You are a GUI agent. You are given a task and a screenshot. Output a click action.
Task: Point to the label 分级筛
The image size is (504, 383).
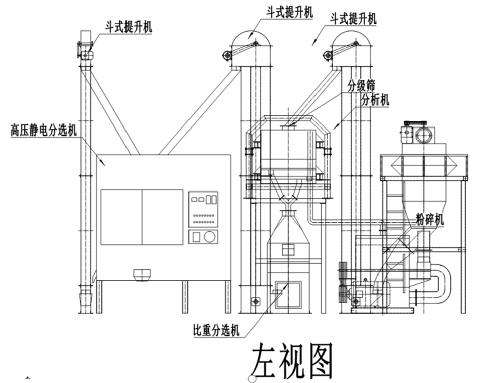pyautogui.click(x=361, y=85)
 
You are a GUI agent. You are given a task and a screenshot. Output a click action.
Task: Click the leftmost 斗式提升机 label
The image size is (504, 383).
pyautogui.click(x=129, y=26)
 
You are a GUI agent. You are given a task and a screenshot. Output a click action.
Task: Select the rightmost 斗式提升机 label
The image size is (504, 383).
pyautogui.click(x=353, y=19)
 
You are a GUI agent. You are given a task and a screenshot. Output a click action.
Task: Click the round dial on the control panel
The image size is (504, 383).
pyautogui.click(x=211, y=236)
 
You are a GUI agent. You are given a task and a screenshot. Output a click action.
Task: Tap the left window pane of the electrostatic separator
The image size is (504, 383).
pyautogui.click(x=121, y=217)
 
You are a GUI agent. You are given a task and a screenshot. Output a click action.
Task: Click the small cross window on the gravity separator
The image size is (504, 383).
pyautogui.click(x=288, y=249)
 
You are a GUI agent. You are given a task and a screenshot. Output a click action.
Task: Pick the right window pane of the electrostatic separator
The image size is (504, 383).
pyautogui.click(x=162, y=217)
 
